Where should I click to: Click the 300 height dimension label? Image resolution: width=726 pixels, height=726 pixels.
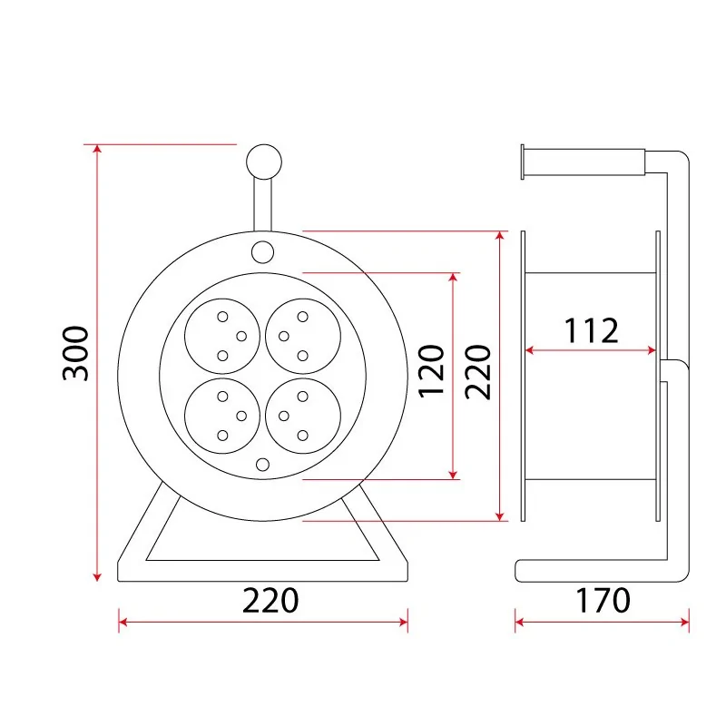[75, 353]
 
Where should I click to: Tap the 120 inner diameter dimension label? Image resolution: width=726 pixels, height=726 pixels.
[431, 371]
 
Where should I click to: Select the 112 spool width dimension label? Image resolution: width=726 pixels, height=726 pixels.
[592, 330]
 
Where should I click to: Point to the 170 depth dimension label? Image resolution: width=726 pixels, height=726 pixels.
[603, 601]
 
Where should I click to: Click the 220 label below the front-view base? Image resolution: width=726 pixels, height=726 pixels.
[270, 601]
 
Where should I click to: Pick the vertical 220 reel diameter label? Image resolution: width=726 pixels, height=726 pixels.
[477, 372]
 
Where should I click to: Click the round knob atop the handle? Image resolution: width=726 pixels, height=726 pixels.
[264, 162]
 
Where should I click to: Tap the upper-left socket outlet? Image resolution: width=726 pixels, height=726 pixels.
[222, 336]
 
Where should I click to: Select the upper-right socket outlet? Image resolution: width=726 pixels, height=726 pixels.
[303, 336]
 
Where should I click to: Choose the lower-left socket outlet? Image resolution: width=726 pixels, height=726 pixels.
[222, 416]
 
